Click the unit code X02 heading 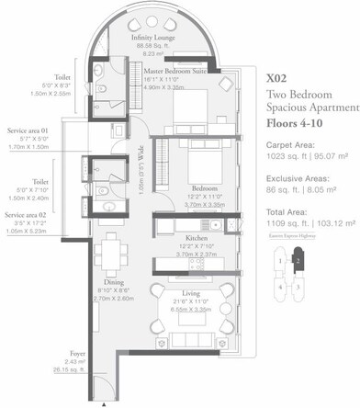[276, 80]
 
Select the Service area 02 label [27, 214]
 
